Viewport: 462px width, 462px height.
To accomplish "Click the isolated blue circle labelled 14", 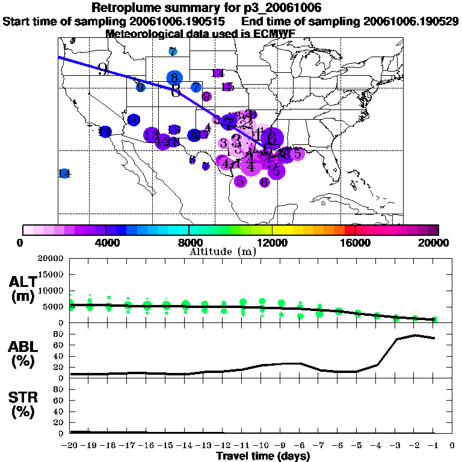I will pos(64,173).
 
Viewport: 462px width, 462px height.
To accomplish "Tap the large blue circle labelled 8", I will pos(174,78).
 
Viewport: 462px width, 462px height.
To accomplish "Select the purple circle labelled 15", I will pos(227,87).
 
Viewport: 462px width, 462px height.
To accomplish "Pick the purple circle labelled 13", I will pos(152,134).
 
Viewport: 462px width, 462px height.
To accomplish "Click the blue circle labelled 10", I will pos(134,120).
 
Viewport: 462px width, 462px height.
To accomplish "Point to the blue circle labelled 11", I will pos(105,132).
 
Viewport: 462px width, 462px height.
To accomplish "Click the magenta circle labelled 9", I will pos(206,96).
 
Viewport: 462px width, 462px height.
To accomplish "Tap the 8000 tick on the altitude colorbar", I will pos(189,230).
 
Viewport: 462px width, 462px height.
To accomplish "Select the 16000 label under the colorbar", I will pos(356,242).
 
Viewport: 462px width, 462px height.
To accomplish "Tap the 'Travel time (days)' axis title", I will pos(263,456).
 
